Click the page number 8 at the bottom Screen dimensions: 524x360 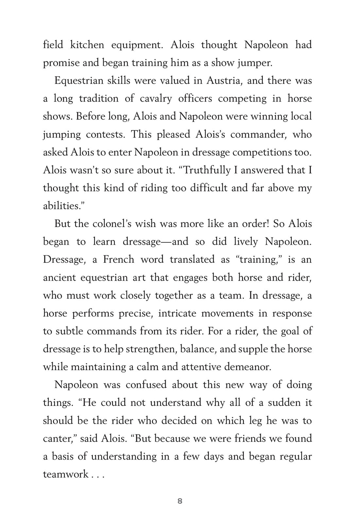(x=180, y=501)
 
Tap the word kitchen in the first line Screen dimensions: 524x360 (x=87, y=45)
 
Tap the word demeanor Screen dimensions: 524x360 (x=248, y=367)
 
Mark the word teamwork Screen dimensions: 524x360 (x=66, y=474)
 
